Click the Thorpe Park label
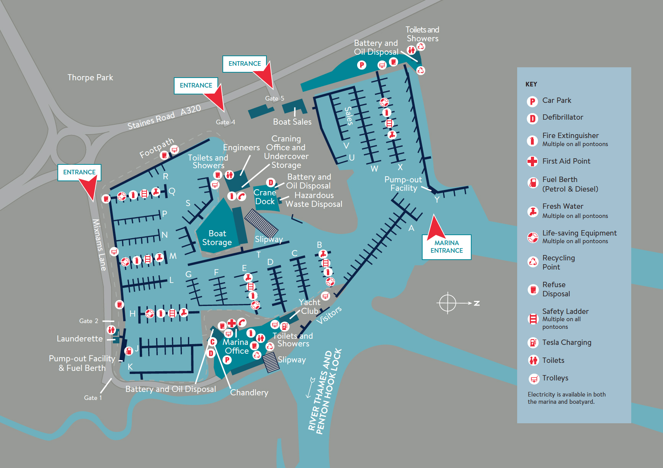coord(90,78)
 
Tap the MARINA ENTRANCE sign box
coord(447,247)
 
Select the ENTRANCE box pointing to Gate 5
coord(244,64)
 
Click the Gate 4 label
coord(225,122)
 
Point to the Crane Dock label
coord(265,197)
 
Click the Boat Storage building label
coord(217,238)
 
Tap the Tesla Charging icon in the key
coord(533,343)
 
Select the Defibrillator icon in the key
coord(532,118)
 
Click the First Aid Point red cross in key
coord(532,161)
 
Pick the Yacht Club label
coord(309,307)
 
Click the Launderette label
coord(80,339)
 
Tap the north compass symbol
coord(447,303)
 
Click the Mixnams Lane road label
coord(99,245)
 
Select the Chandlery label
coord(249,393)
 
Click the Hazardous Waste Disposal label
coord(314,200)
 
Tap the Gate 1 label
coord(93,398)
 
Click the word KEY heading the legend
coord(531,84)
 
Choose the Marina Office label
coord(236,346)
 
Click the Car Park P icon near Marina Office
coord(227,360)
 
